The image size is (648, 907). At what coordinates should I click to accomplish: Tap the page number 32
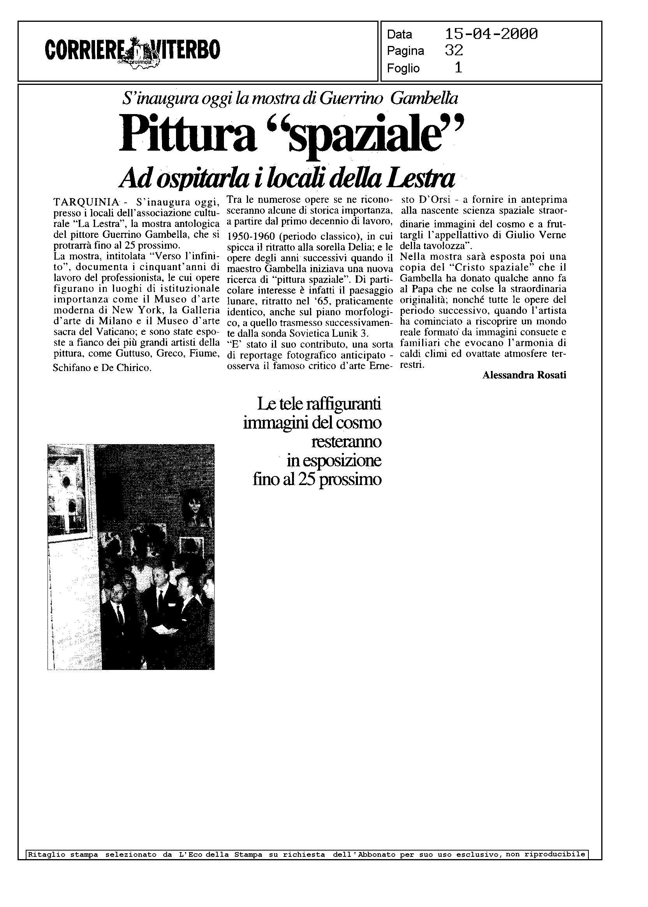point(454,51)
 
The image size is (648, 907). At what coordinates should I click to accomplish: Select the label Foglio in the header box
point(403,69)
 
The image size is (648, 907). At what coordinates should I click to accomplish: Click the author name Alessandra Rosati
point(524,375)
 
